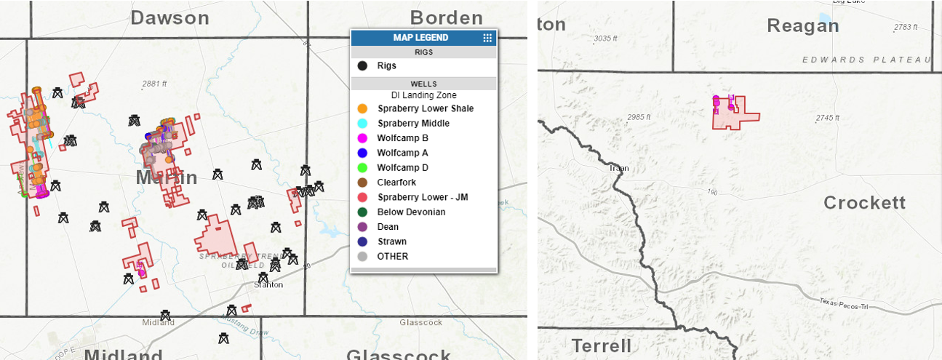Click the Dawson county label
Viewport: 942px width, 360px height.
point(169,17)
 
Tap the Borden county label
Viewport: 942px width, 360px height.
point(447,17)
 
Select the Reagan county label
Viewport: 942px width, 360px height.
point(802,25)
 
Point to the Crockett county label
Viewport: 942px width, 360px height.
point(864,203)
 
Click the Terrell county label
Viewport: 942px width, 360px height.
point(601,345)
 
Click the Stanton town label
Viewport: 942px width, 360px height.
point(268,284)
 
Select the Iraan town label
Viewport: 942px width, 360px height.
point(620,169)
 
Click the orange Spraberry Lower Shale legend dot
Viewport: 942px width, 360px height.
point(362,108)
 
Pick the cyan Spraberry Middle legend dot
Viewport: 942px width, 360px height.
point(362,124)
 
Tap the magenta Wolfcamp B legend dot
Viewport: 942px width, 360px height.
point(362,138)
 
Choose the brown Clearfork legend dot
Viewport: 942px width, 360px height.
point(362,183)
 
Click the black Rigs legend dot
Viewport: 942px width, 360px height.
point(362,65)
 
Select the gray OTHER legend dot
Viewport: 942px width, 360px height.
point(362,256)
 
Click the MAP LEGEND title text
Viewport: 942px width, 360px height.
point(420,38)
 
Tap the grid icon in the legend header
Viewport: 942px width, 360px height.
point(487,38)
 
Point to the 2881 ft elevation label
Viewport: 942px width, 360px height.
point(154,84)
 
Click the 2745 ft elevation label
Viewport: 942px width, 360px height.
point(827,118)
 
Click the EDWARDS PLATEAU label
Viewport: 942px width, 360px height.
point(866,60)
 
